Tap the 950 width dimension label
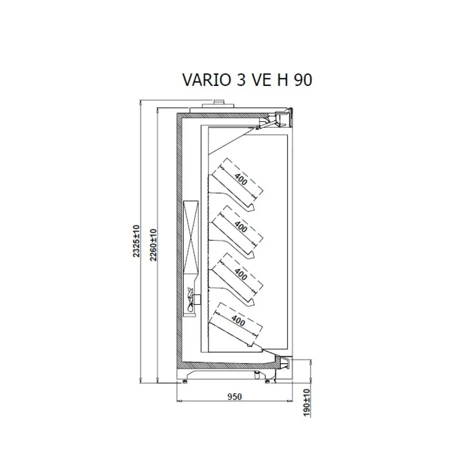233,396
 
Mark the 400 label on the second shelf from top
241,226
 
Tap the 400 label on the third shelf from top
240,273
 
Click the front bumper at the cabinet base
286,362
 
